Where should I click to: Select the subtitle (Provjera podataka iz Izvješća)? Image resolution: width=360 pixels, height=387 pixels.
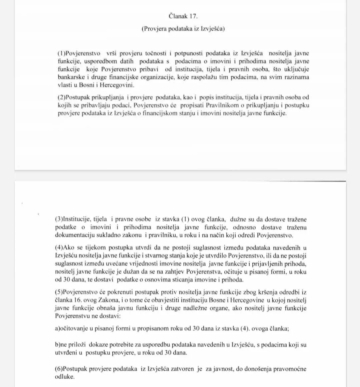point(183,29)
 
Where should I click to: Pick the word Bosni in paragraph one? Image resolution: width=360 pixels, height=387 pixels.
point(87,85)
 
